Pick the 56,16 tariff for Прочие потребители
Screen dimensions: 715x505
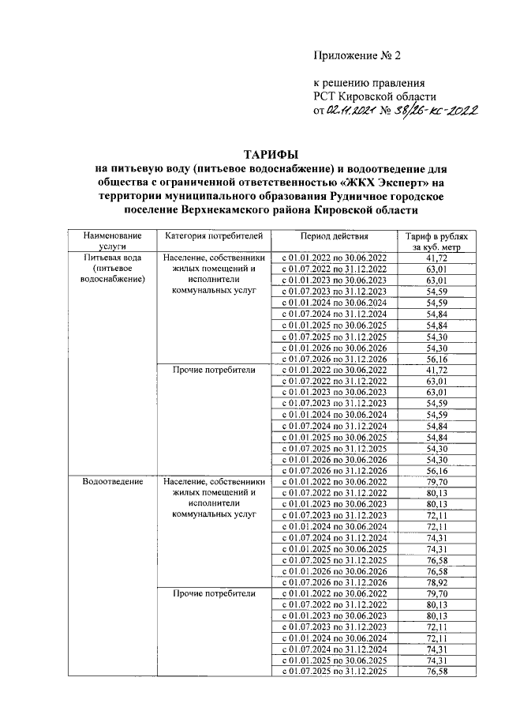(436, 470)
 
